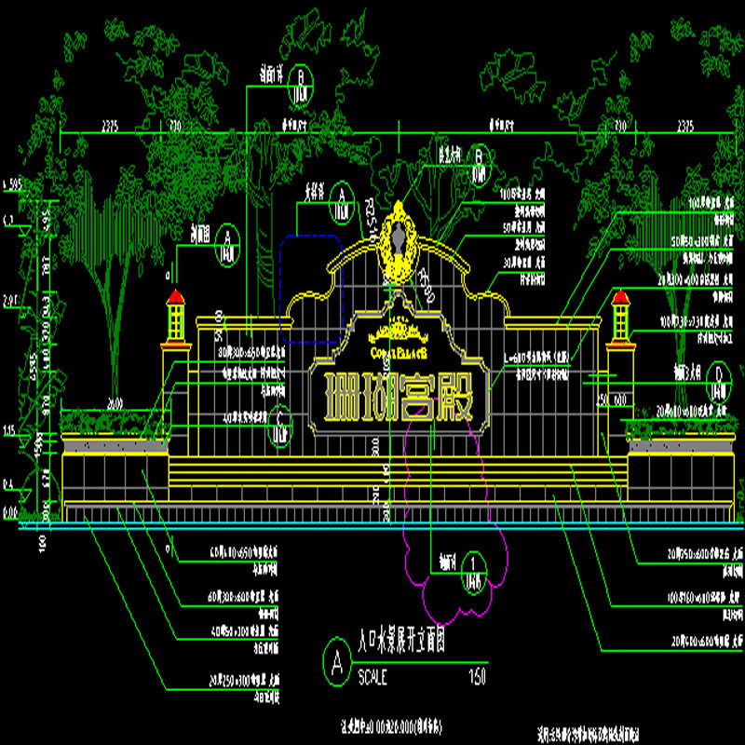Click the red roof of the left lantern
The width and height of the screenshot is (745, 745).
175,297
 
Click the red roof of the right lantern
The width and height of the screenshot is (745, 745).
620,297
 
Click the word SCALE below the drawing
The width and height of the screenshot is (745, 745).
376,677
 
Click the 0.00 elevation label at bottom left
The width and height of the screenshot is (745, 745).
10,512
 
